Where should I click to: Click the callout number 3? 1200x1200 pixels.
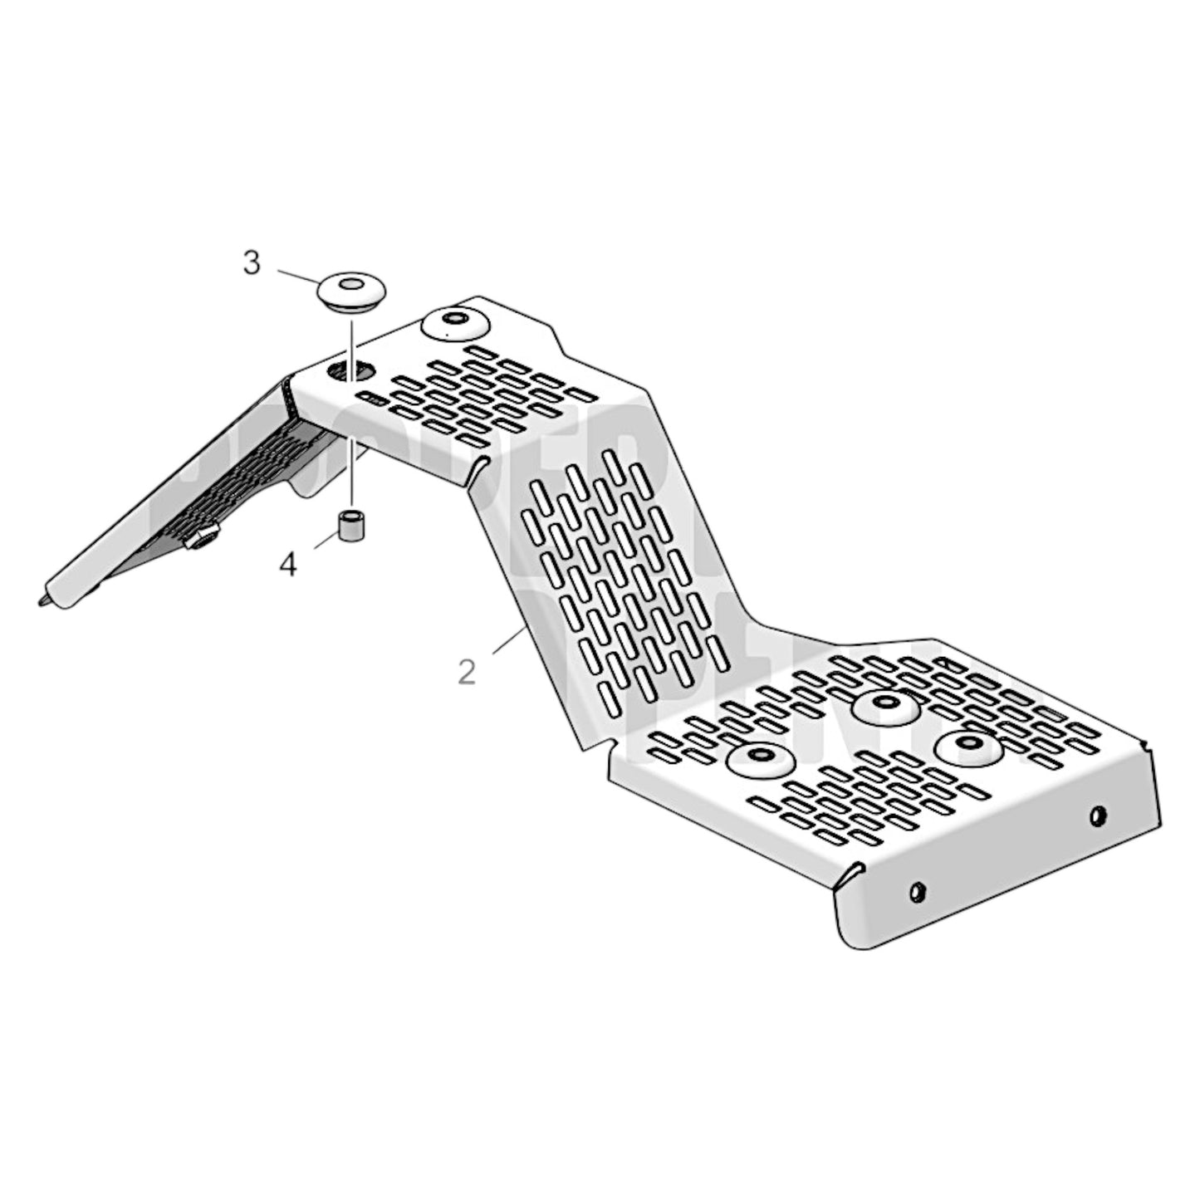point(251,264)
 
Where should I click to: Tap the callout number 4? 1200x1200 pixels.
point(287,566)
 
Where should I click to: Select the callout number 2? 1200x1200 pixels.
point(467,672)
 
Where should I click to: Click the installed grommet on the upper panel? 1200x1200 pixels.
point(456,324)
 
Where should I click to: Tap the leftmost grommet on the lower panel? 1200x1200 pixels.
point(760,758)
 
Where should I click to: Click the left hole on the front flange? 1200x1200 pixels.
point(917,891)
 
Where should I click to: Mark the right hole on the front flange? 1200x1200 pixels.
point(1098,816)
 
